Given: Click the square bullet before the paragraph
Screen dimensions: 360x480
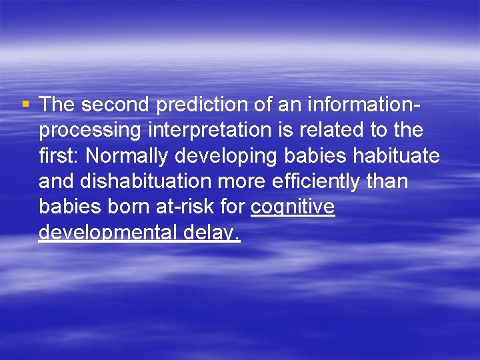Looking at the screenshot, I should [x=25, y=104].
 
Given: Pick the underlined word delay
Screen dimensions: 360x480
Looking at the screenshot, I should [x=217, y=234].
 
